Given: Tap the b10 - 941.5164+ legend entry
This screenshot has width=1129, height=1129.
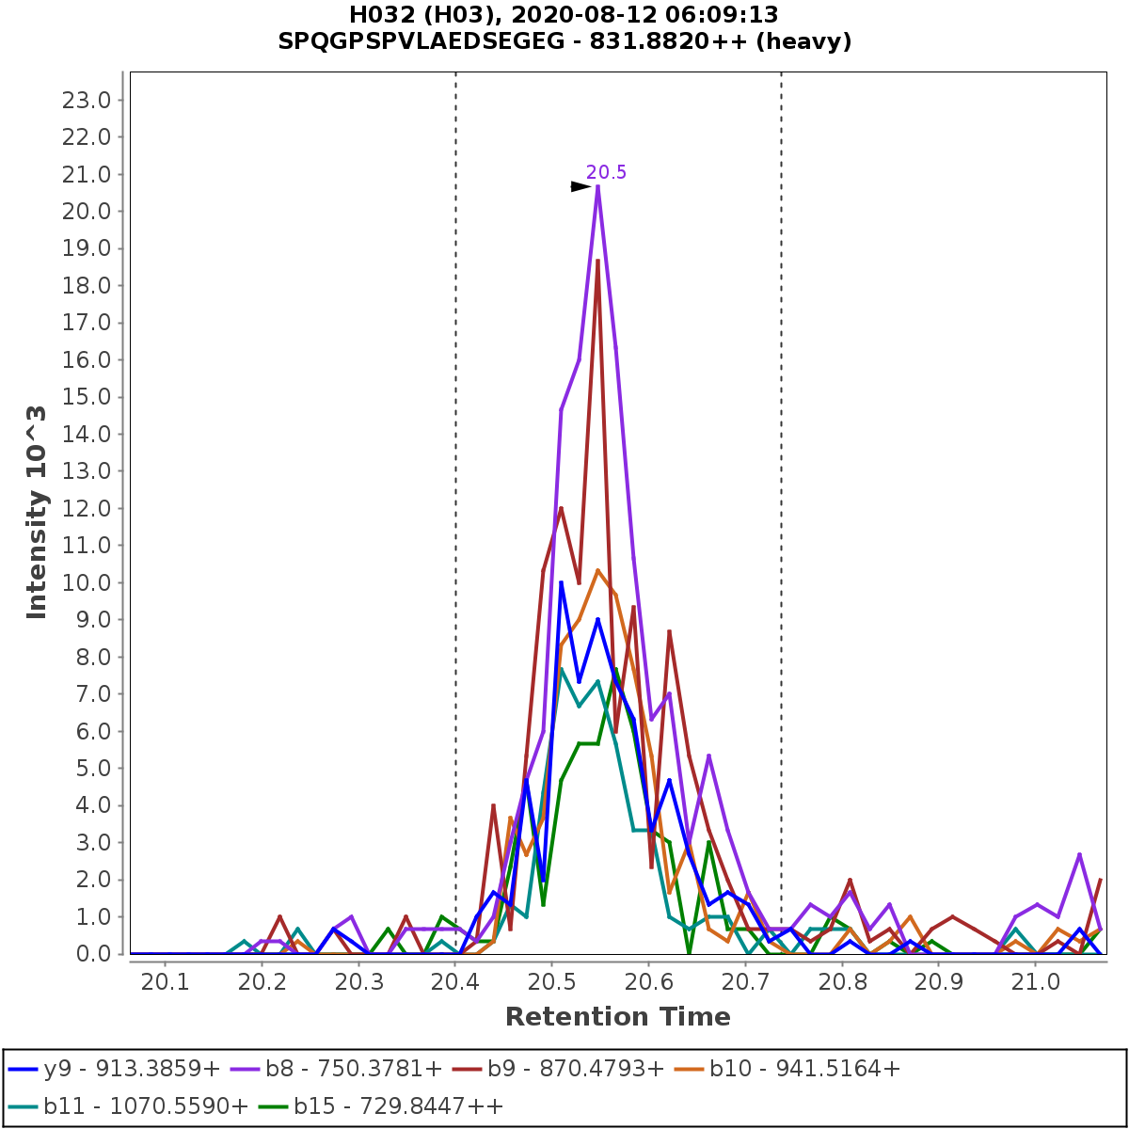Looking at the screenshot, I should point(804,1069).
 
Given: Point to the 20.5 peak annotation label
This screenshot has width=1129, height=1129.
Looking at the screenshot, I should point(606,172).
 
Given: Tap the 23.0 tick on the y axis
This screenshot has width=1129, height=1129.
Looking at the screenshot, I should point(87,100).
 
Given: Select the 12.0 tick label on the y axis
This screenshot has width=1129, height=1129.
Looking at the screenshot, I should point(87,508).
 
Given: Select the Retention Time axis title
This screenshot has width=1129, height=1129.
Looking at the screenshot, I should point(617,1017).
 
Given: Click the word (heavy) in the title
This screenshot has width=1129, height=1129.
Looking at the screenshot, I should point(808,41).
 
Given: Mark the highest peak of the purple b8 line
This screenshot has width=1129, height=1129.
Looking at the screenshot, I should point(597,185).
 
